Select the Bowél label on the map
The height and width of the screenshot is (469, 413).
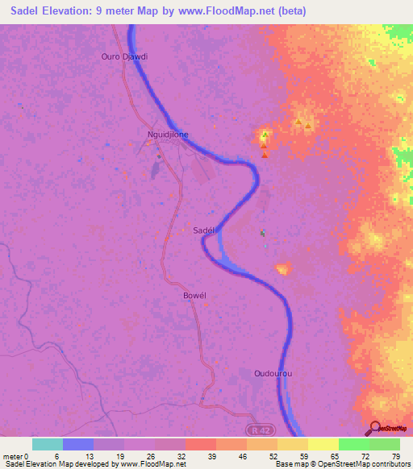pos(195,296)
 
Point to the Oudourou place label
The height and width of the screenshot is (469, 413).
pos(264,374)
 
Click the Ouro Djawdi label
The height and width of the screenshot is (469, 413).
pos(125,56)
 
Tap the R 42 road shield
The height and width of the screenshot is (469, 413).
pos(257,422)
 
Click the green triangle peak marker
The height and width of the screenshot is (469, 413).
pos(264,134)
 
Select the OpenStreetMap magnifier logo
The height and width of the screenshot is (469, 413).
pos(372,429)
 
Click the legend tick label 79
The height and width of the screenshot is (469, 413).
pos(396,457)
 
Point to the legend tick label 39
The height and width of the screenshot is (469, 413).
pos(211,457)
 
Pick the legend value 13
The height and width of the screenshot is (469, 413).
pos(89,457)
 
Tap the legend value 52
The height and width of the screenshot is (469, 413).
pos(273,457)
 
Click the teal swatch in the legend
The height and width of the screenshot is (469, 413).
pos(47,444)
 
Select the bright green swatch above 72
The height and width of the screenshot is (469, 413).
pos(353,444)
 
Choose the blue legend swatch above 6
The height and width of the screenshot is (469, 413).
pos(77,444)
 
